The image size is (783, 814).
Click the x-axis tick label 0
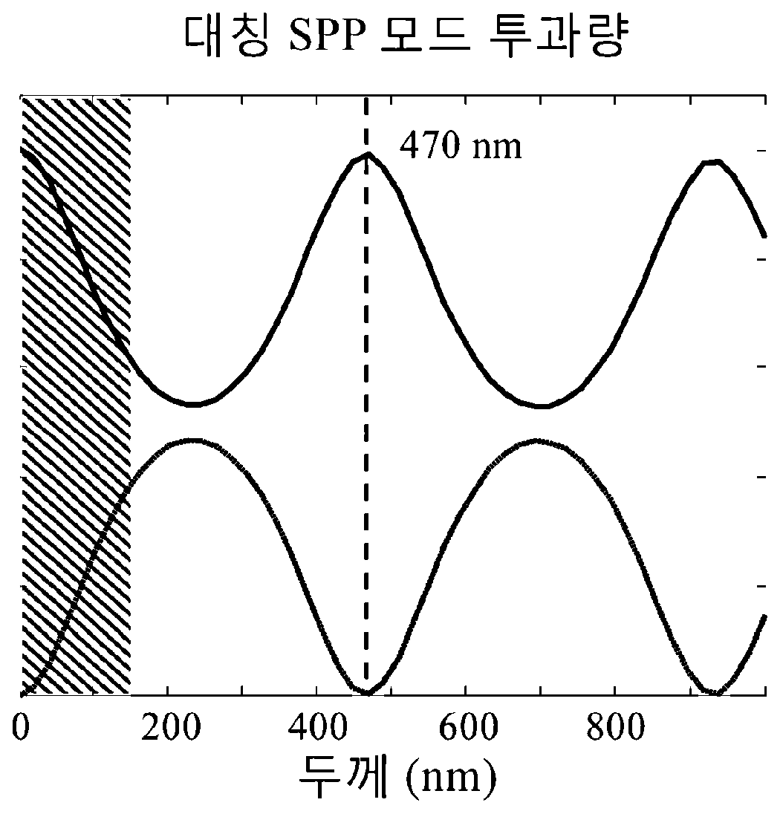point(20,727)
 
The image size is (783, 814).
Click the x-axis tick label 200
point(170,727)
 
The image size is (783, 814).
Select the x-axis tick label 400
point(317,727)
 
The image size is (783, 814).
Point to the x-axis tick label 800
point(616,727)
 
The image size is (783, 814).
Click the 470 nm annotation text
point(461,146)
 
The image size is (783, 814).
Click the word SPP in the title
point(325,36)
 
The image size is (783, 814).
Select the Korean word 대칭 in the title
point(227,36)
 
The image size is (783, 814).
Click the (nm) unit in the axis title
point(451,780)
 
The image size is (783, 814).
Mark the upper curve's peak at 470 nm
point(368,154)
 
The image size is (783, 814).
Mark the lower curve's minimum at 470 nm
point(367,692)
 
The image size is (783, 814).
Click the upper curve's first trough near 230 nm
point(193,404)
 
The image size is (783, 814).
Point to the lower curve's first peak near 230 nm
point(193,440)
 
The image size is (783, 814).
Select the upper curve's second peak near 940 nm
point(712,163)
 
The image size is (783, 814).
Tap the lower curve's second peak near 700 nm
point(538,440)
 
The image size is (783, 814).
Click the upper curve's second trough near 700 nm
point(542,406)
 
